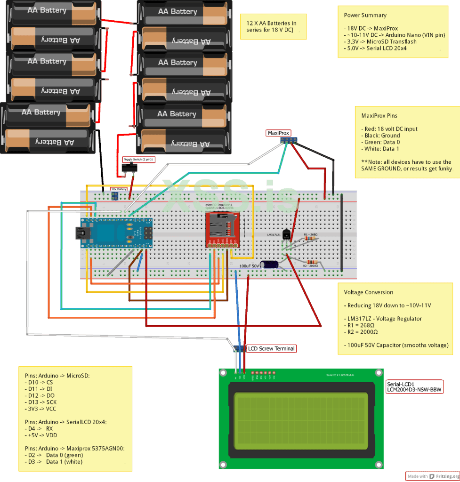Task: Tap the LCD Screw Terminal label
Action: [x=271, y=349]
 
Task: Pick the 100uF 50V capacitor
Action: [x=270, y=265]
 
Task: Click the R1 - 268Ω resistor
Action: [x=310, y=239]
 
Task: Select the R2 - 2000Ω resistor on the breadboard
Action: [x=312, y=262]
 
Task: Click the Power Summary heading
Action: [x=365, y=15]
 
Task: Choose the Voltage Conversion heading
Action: [x=368, y=292]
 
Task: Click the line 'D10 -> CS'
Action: [x=39, y=383]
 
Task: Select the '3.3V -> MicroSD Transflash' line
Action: [x=380, y=41]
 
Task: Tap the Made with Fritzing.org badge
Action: [x=431, y=476]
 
